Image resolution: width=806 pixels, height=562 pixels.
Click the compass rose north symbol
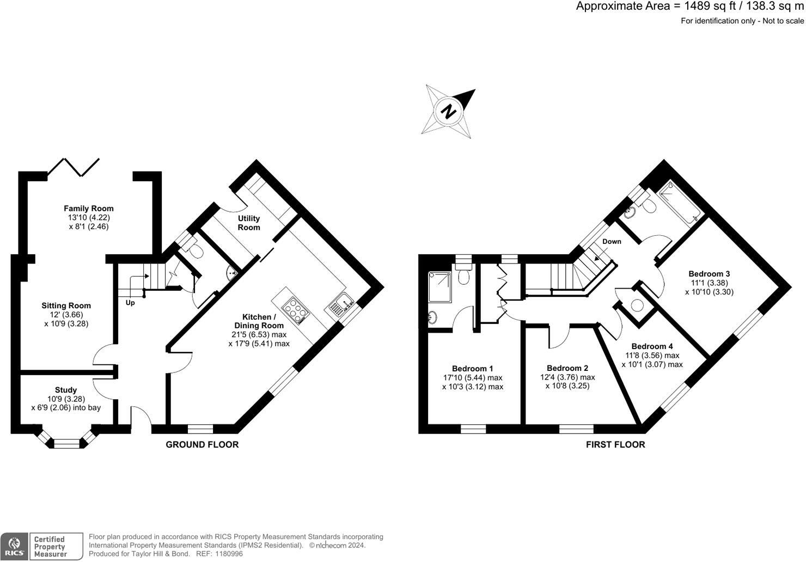click(448, 111)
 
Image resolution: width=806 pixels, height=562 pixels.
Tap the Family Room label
click(89, 209)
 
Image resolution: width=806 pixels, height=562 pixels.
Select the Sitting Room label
click(66, 306)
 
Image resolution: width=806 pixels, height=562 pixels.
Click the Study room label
click(66, 390)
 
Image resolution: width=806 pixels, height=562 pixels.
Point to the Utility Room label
click(248, 223)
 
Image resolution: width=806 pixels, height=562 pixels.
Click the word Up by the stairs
click(130, 303)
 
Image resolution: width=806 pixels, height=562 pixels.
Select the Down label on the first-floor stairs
click(612, 241)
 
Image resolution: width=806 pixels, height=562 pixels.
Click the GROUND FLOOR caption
click(202, 444)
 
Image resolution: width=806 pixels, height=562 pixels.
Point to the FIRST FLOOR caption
click(615, 444)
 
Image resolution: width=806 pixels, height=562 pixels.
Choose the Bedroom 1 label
click(473, 369)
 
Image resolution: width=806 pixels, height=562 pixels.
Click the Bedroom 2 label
click(567, 368)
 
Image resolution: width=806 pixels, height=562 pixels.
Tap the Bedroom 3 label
click(709, 274)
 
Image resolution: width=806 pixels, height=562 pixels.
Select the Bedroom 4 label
click(652, 346)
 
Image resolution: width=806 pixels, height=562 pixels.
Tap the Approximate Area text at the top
click(690, 7)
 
